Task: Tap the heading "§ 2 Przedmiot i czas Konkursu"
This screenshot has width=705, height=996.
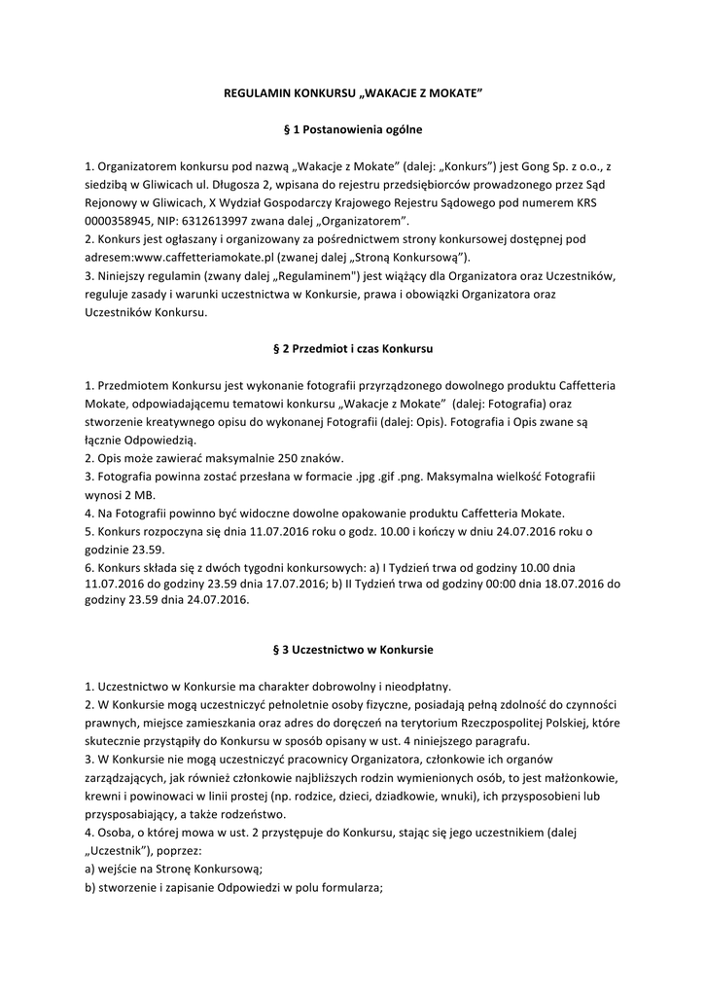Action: (x=351, y=347)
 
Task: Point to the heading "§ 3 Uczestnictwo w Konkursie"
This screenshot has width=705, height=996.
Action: (x=351, y=649)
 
